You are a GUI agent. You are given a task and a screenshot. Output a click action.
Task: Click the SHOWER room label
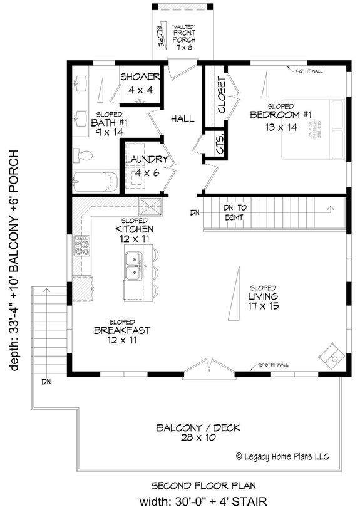141,77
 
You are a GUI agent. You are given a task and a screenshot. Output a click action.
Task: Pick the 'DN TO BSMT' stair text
238,212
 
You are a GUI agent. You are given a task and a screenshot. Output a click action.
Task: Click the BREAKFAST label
122,330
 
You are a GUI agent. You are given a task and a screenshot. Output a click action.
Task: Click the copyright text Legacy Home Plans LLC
284,456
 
